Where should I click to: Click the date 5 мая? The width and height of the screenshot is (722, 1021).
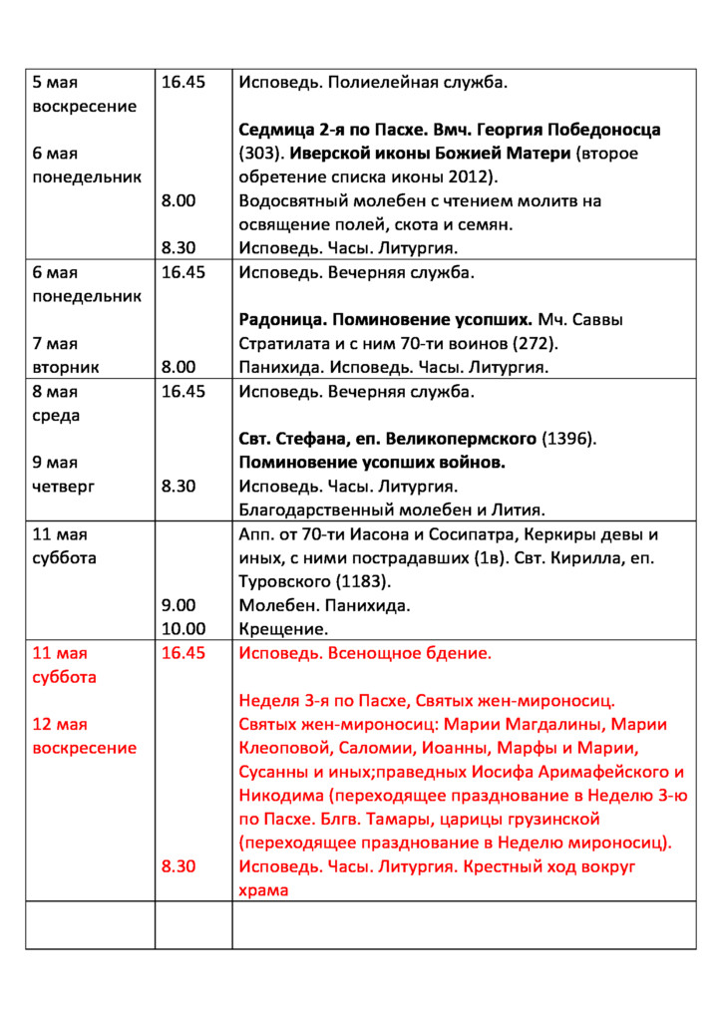click(x=55, y=83)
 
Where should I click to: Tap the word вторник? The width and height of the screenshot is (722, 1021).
click(x=66, y=368)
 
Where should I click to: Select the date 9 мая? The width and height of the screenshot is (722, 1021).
click(x=55, y=463)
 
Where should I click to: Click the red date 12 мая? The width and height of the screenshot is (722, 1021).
click(x=60, y=724)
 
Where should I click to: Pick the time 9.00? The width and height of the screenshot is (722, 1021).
click(x=179, y=605)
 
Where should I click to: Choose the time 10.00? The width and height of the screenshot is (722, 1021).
click(x=183, y=629)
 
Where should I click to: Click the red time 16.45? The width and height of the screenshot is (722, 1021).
click(x=183, y=653)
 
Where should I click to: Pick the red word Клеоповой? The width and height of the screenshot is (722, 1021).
click(x=282, y=748)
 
